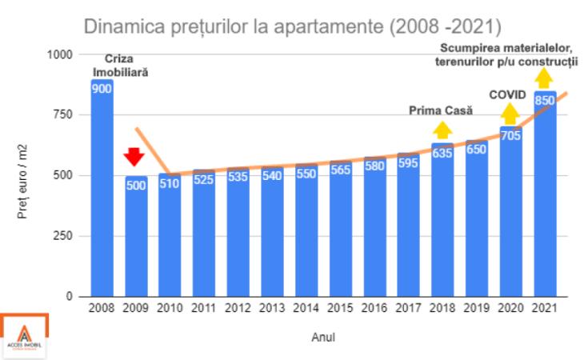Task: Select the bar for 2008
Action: point(102,192)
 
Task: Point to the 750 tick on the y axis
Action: point(62,115)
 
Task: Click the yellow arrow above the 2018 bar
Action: point(442,130)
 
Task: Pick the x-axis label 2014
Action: point(306,308)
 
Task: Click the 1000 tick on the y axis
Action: point(59,54)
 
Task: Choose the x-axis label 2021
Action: point(545,308)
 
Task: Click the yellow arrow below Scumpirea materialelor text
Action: point(545,78)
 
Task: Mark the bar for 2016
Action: point(374,228)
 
